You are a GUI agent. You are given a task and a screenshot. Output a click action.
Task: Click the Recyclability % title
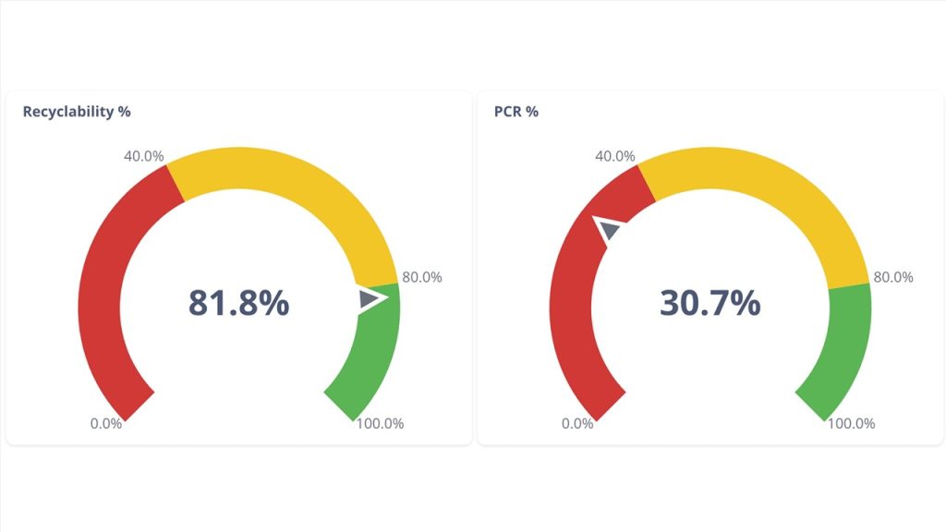tap(77, 112)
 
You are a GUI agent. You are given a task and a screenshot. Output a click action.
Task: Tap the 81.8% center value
tap(239, 303)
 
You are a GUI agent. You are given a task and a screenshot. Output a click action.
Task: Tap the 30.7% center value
tap(709, 303)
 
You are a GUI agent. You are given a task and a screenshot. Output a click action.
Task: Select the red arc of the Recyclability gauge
tap(99, 296)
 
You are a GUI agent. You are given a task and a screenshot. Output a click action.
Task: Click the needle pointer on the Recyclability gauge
tap(371, 298)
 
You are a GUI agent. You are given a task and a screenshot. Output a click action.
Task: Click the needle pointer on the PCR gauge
tap(610, 228)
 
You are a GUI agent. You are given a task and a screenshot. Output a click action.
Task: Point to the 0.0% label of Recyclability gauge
tap(106, 424)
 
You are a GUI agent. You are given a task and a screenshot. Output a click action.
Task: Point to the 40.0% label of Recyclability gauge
tap(144, 156)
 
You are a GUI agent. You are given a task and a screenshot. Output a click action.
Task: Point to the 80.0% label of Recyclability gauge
tap(422, 276)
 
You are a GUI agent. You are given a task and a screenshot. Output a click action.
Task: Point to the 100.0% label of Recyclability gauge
tap(380, 424)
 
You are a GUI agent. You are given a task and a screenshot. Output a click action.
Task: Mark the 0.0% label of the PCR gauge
tap(577, 424)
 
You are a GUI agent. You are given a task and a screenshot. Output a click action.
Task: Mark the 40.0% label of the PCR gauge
tap(615, 156)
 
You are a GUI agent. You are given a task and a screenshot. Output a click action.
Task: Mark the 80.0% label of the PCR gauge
tap(893, 276)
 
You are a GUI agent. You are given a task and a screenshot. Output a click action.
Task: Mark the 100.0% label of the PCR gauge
tap(851, 424)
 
